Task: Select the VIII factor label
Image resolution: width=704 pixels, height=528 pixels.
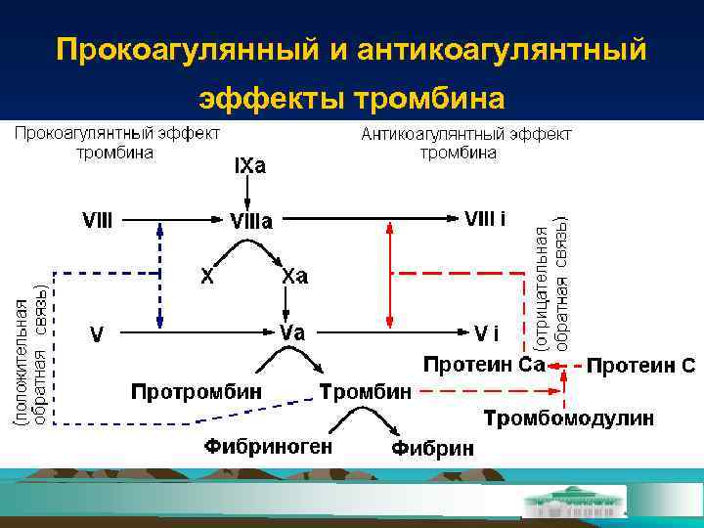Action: [x=96, y=221]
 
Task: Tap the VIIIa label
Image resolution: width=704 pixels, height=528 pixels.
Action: [x=251, y=222]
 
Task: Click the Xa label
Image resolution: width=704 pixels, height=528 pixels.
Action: [x=294, y=277]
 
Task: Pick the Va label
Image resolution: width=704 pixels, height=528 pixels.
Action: [x=292, y=332]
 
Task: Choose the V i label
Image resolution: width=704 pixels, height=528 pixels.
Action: [x=486, y=333]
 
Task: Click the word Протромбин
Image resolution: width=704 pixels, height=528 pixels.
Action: [x=198, y=391]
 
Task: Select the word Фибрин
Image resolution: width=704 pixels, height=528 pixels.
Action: [x=433, y=449]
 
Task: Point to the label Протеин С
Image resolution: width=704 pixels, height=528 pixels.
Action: [x=641, y=367]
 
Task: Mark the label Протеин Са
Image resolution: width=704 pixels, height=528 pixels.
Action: [x=483, y=365]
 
